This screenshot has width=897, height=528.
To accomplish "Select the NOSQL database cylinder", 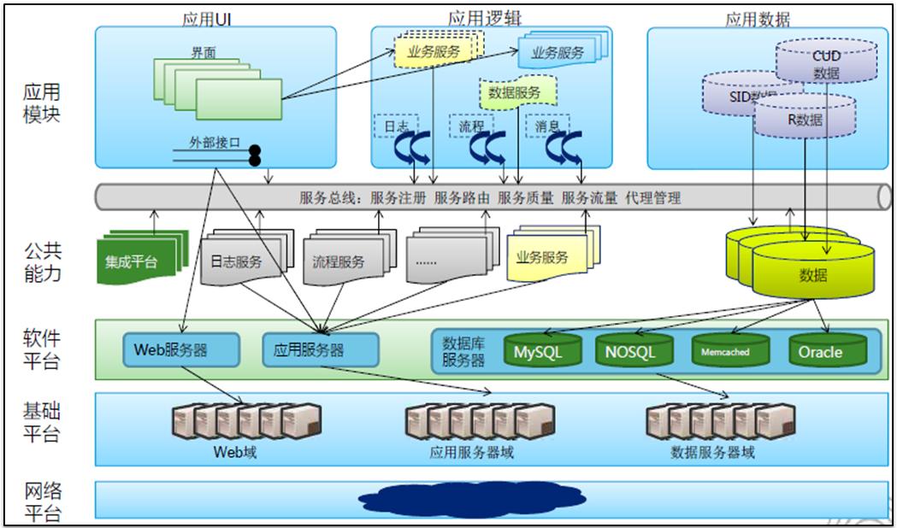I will (x=629, y=349).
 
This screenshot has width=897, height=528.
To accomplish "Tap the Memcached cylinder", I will (x=725, y=349).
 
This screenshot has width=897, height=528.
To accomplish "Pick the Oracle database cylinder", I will (x=820, y=349).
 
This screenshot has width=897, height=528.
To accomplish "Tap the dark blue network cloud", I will (x=472, y=497).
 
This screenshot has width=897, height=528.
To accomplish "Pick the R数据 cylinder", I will (x=805, y=119).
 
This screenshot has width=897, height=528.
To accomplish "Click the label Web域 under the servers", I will (x=235, y=452).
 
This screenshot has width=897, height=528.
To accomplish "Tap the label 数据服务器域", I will (x=712, y=452).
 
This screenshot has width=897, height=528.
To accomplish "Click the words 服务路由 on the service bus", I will (x=462, y=198).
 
